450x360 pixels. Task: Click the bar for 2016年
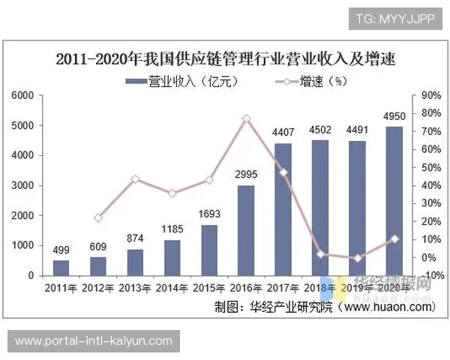[x=246, y=230]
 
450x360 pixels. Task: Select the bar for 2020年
[x=394, y=201]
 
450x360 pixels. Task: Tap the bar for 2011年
[x=61, y=268]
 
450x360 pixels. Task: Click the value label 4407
[x=283, y=133]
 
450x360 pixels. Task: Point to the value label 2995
[x=246, y=175]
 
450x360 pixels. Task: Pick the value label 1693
[x=209, y=214]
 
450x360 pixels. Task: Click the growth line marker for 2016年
[x=246, y=118]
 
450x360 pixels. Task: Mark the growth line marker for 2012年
[x=98, y=218]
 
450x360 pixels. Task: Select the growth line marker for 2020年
[x=394, y=239]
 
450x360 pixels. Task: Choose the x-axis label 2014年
[x=172, y=288]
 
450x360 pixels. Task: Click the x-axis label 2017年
[x=283, y=288]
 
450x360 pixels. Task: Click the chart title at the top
[x=225, y=58]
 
